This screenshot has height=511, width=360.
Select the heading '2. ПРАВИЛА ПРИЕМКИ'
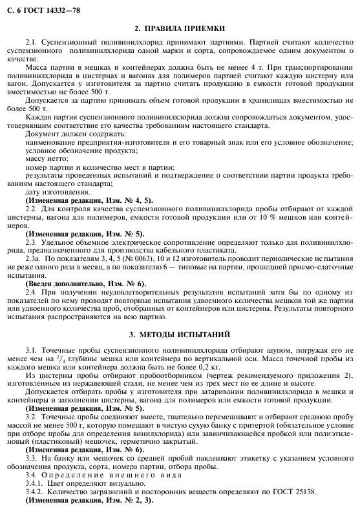pos(180,29)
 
